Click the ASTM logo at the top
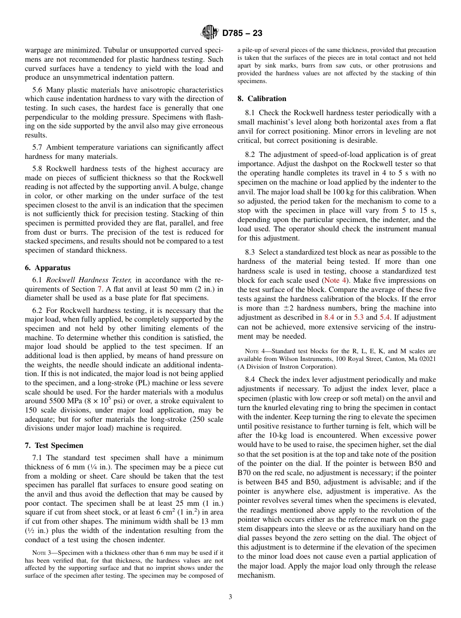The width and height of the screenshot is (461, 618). click(x=210, y=33)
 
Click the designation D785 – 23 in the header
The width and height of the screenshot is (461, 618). click(x=242, y=33)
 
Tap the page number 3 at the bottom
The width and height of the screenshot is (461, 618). click(x=230, y=597)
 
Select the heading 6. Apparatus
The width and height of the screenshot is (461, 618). click(x=48, y=268)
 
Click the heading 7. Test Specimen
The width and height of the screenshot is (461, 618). click(x=54, y=446)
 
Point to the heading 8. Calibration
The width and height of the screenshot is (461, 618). click(x=262, y=98)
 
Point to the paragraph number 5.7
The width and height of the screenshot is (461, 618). click(x=39, y=147)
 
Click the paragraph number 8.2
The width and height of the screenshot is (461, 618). click(x=251, y=154)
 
